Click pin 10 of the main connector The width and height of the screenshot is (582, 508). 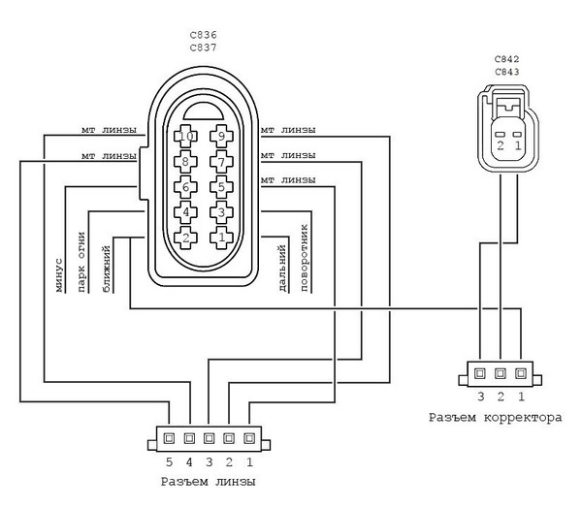point(185,137)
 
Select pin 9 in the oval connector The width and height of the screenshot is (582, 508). point(221,137)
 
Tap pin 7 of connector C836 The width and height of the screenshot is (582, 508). point(221,162)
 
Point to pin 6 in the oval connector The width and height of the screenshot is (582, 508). point(185,187)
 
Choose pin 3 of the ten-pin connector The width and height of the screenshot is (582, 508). point(221,212)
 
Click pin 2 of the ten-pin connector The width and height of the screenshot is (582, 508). point(185,238)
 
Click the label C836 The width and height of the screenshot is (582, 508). point(203,35)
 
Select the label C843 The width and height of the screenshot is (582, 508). point(507,72)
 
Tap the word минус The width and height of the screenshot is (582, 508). point(59,275)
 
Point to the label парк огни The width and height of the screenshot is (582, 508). point(81,262)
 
